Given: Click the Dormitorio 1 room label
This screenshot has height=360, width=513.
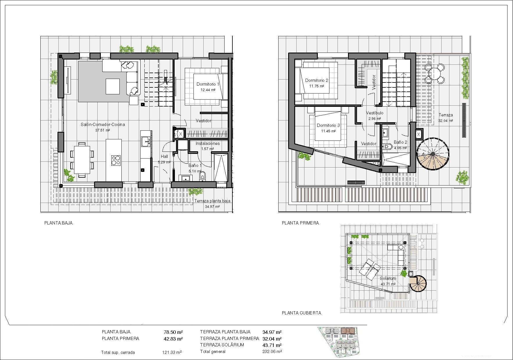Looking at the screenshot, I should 208,84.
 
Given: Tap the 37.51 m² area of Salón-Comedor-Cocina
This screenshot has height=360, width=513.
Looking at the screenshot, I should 103,130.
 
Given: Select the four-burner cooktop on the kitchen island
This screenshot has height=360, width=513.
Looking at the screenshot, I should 116,160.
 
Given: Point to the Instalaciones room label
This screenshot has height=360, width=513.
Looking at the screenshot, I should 207,143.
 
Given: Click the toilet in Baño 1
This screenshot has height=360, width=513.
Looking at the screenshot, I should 202,176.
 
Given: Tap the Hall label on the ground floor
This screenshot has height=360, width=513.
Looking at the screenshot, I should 164,156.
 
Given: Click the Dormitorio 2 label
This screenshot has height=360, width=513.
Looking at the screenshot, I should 317,80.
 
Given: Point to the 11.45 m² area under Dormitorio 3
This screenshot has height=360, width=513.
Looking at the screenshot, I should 328,131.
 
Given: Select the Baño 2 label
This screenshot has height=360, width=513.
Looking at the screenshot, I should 400,142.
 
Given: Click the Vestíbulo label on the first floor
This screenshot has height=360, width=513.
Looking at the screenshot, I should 374,113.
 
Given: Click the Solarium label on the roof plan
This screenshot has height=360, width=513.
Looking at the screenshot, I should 388,278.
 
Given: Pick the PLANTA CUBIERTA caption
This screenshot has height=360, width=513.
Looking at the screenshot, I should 302,313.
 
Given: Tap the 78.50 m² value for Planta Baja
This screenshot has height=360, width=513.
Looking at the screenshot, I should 173,332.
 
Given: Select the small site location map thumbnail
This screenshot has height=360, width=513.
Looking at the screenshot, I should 338,341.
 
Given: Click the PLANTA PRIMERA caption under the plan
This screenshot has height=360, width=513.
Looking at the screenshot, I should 300,223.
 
